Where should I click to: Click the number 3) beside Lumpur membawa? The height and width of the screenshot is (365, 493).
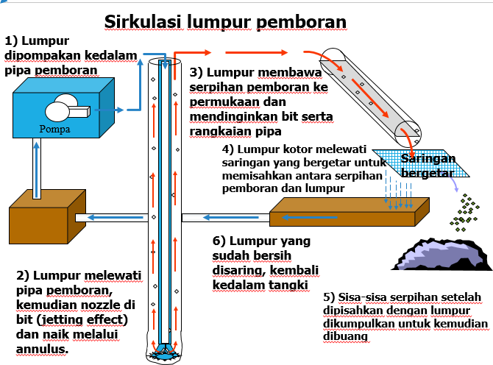coord(196,72)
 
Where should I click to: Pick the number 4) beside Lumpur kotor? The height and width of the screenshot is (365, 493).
coord(229,150)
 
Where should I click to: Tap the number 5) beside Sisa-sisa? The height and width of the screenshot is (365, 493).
coord(329,297)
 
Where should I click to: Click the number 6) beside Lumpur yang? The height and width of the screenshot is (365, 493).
coord(217,241)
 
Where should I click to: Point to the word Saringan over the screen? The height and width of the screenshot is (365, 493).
coord(428,158)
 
